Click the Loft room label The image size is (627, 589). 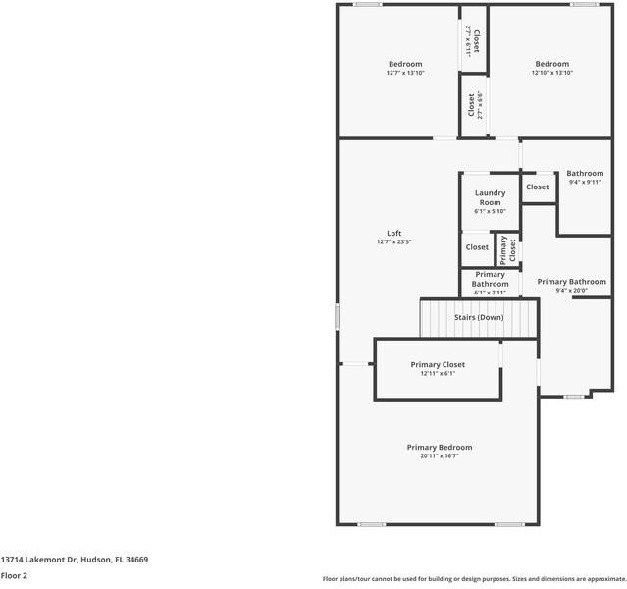[x=394, y=233]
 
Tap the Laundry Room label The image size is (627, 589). [x=490, y=197]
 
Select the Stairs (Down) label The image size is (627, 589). [x=479, y=317]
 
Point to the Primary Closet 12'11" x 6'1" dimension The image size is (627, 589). [x=438, y=373]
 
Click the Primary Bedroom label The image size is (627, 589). [x=440, y=447]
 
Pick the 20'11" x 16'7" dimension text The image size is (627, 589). [x=440, y=455]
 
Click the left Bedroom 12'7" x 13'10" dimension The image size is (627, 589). [x=404, y=73]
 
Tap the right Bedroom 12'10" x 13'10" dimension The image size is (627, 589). [x=552, y=73]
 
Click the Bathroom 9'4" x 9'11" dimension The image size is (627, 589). [x=585, y=182]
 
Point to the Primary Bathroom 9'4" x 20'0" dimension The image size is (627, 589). [x=571, y=290]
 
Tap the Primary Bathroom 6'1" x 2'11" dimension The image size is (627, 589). [x=490, y=293]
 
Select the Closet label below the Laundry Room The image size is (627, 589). [x=477, y=247]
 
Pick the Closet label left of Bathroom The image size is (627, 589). [x=538, y=187]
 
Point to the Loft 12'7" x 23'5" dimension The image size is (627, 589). [x=394, y=241]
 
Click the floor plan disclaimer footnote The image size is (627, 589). [x=474, y=579]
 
